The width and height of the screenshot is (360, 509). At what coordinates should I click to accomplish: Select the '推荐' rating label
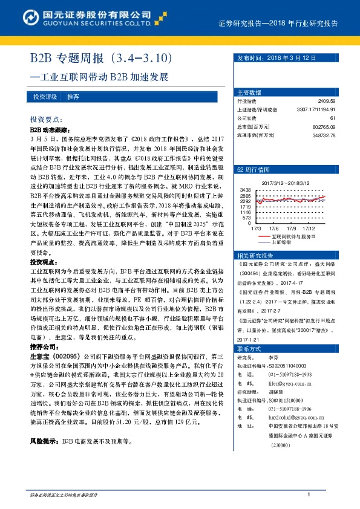tap(73, 97)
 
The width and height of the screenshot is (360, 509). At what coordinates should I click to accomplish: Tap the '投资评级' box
tap(45, 97)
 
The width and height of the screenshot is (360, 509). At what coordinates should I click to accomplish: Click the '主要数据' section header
tap(249, 92)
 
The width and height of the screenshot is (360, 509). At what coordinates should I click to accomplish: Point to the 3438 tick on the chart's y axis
tap(245, 190)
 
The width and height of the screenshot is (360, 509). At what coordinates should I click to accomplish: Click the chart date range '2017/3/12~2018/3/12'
tap(286, 182)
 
